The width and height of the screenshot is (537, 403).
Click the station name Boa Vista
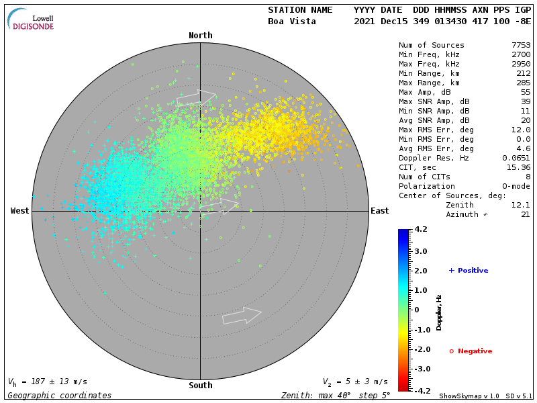(x=290, y=21)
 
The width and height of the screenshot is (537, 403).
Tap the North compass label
(x=200, y=36)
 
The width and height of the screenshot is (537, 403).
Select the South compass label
(x=200, y=386)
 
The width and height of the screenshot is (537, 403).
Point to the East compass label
(x=380, y=211)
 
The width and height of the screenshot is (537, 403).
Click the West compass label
(x=20, y=211)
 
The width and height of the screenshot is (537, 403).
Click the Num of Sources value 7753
(x=521, y=45)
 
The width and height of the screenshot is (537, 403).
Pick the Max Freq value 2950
(x=521, y=64)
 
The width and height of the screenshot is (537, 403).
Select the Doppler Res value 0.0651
(x=516, y=158)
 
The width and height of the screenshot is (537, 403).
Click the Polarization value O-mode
(x=514, y=186)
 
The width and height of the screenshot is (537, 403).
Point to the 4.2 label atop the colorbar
(x=421, y=230)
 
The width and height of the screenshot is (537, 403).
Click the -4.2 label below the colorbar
(x=421, y=390)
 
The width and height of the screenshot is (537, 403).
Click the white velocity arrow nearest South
(x=242, y=315)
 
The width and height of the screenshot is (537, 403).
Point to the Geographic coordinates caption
(x=60, y=396)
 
